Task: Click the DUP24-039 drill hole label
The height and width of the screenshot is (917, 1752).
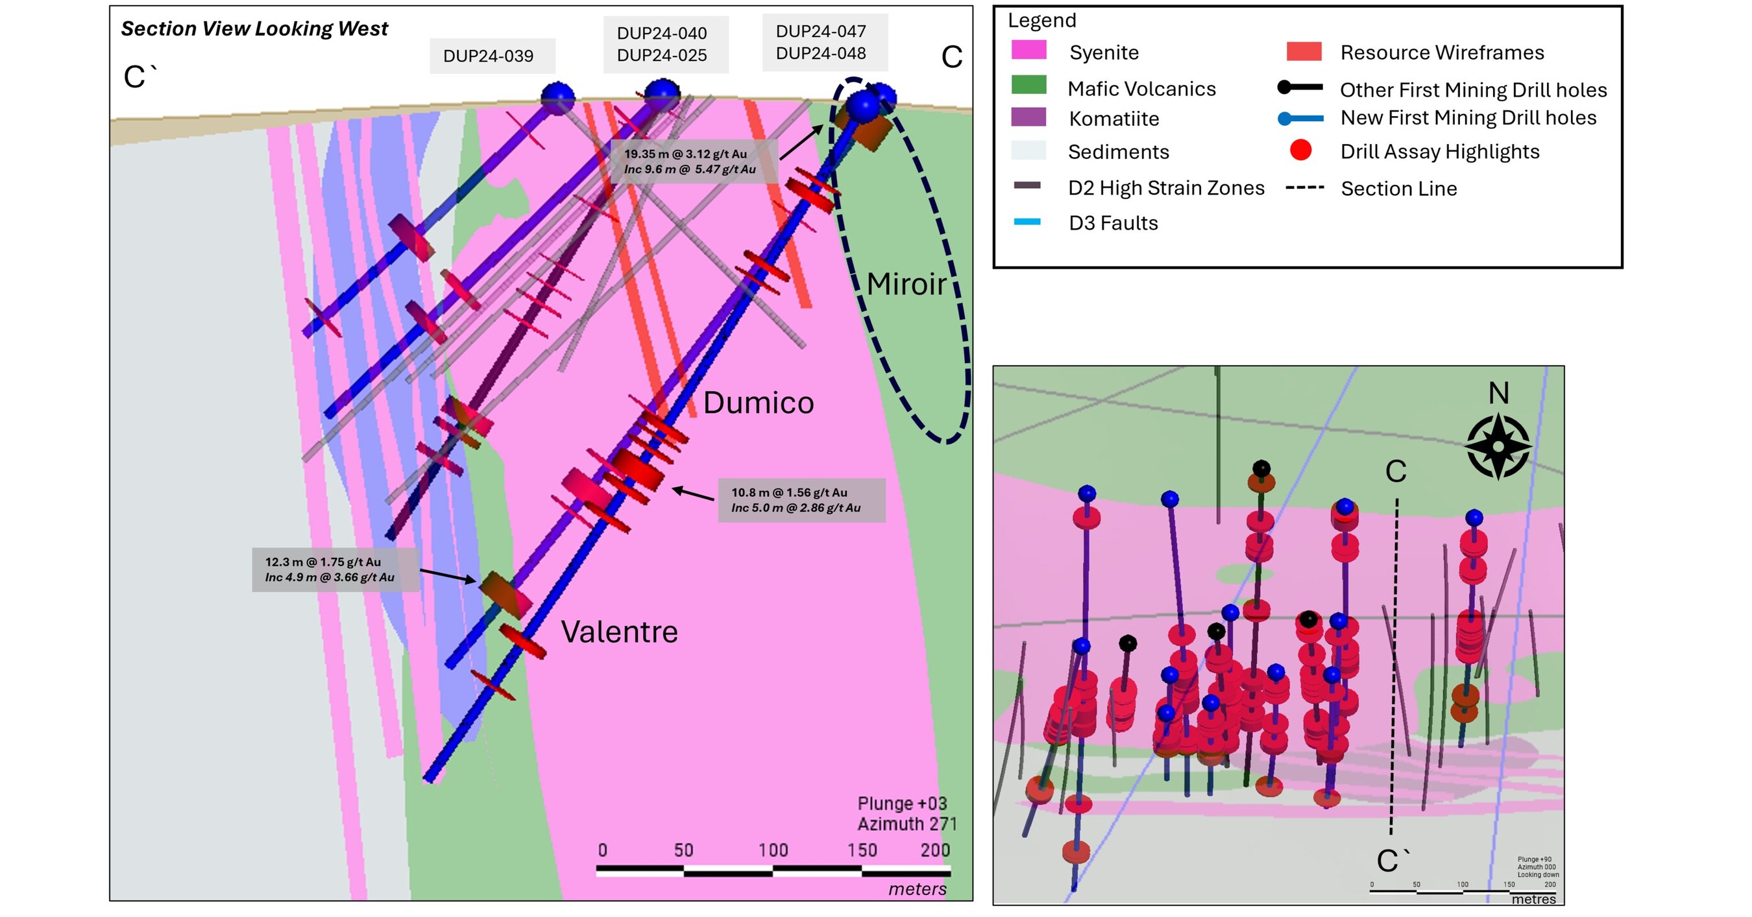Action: coord(489,56)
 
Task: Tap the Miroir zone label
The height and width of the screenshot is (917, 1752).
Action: coord(906,284)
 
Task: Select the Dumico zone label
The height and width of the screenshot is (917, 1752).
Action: coord(758,403)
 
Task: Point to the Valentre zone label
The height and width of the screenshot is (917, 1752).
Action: coord(619,632)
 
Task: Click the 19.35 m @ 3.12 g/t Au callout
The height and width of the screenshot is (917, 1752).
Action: coord(691,161)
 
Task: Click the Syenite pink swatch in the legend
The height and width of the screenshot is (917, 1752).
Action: coord(1028,51)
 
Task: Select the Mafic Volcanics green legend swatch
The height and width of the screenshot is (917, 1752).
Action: coord(1028,85)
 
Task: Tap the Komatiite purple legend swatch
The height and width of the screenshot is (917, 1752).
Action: coord(1028,117)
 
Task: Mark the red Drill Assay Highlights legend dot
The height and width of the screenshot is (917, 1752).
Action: coord(1300,150)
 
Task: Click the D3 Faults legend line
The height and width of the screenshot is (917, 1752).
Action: coord(1027,222)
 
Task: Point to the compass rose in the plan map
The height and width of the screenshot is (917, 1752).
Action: coord(1498,447)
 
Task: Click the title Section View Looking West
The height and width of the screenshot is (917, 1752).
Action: coord(254,29)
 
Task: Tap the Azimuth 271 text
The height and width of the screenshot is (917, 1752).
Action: coord(906,824)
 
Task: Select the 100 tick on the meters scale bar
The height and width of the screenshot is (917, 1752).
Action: coord(773,850)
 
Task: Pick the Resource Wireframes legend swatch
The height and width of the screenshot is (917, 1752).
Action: coord(1304,52)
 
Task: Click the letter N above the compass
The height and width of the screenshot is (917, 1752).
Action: coord(1498,393)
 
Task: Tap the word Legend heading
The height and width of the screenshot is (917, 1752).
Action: coord(1041,20)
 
